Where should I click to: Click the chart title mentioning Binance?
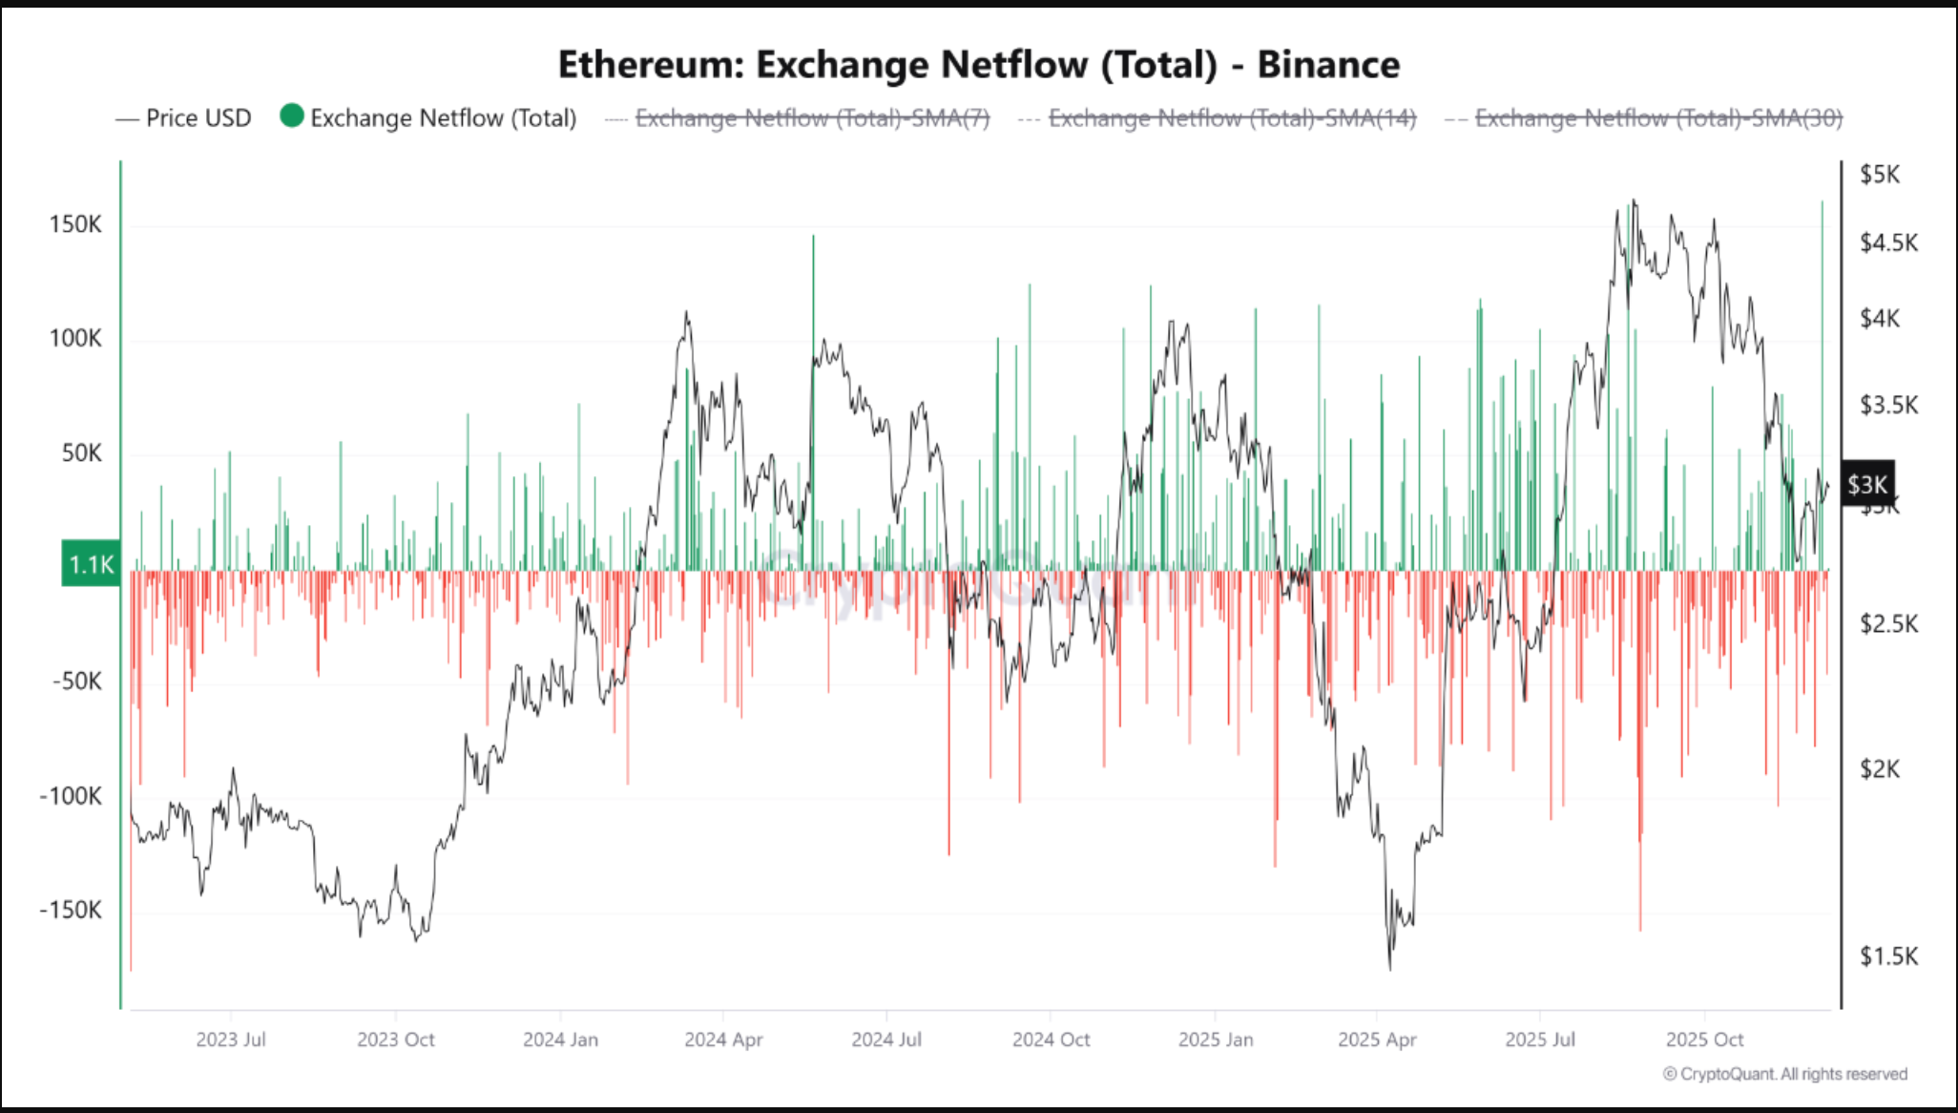(x=978, y=64)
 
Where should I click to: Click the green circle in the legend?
(x=292, y=116)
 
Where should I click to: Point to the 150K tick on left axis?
(x=75, y=224)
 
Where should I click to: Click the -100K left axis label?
(x=71, y=796)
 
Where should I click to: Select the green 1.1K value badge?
(x=91, y=564)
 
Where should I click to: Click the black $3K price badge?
(x=1866, y=485)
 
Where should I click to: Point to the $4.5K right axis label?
(x=1888, y=242)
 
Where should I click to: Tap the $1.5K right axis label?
(x=1888, y=955)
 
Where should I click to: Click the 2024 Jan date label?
(x=560, y=1039)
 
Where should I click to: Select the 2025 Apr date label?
(x=1377, y=1039)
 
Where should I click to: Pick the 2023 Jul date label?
(x=231, y=1039)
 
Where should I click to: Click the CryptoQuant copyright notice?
(x=1784, y=1074)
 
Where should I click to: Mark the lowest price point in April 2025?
(x=1390, y=968)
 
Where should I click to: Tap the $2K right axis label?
(x=1879, y=769)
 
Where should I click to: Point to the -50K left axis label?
(x=76, y=682)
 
